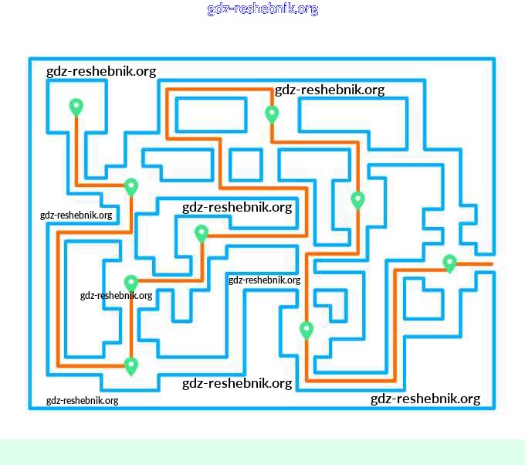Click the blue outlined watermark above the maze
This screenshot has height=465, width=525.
(262, 9)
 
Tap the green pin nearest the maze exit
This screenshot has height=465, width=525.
(450, 263)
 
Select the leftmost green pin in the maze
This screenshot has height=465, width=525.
(76, 107)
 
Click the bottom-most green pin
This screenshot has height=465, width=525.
(131, 365)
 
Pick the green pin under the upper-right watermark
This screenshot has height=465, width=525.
(272, 114)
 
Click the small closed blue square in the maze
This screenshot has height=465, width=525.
(246, 165)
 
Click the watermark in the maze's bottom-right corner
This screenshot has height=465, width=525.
(425, 399)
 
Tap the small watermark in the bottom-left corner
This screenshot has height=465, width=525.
(82, 400)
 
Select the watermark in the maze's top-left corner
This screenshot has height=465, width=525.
(101, 71)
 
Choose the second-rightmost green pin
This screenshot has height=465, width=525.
(357, 200)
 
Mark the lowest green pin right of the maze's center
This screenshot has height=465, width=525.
(307, 330)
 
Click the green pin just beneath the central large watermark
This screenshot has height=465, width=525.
(202, 232)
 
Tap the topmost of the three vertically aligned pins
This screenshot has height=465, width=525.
(131, 186)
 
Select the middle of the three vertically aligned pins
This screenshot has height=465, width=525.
(131, 283)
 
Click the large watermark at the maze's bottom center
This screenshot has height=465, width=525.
(237, 383)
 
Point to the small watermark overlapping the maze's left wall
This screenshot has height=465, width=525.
(76, 215)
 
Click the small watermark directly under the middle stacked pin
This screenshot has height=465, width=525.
(116, 295)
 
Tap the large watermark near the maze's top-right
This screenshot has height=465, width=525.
(330, 90)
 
